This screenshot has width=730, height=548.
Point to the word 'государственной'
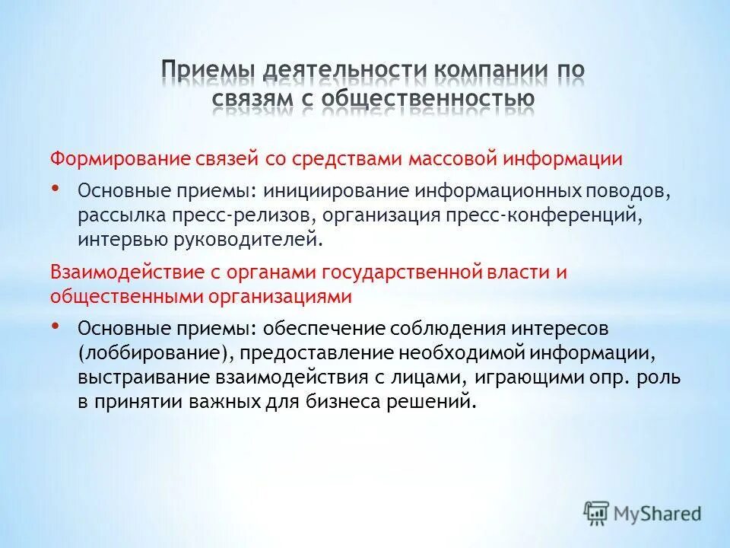coord(400,272)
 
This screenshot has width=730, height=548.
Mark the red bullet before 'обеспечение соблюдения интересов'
coord(57,325)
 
